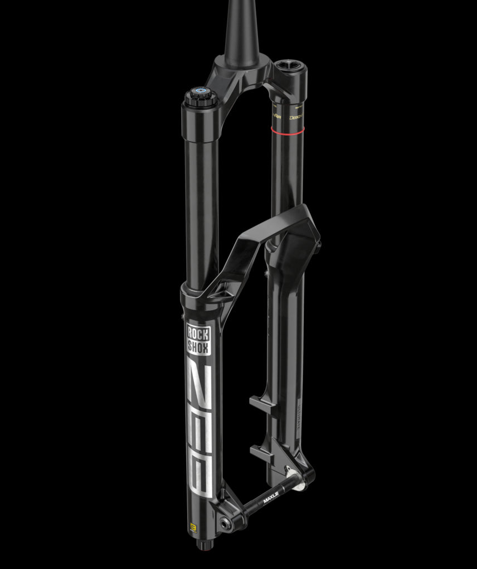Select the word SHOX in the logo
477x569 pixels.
coord(199,348)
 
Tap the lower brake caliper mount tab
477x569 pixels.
coord(262,450)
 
